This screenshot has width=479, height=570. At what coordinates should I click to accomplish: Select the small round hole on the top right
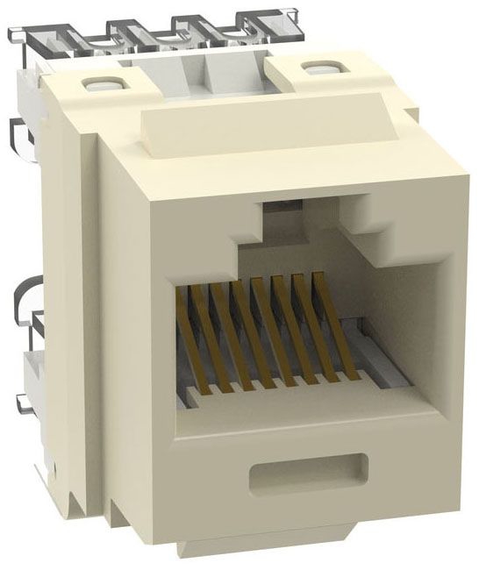[310, 67]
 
